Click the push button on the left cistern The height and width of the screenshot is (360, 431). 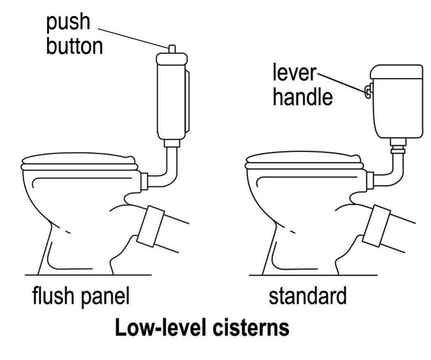[x=173, y=49]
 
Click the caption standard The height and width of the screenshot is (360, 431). [x=307, y=296]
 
